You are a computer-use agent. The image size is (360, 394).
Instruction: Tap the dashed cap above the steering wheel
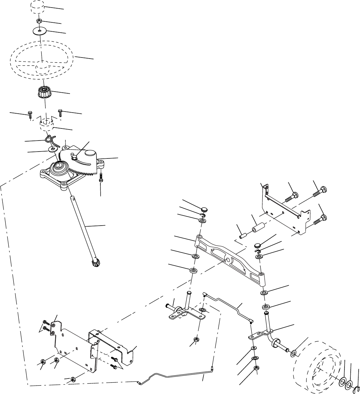point(38,7)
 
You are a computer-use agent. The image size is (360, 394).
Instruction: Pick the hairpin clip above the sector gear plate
point(50,139)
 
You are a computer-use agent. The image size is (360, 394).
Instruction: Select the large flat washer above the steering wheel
point(41,31)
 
